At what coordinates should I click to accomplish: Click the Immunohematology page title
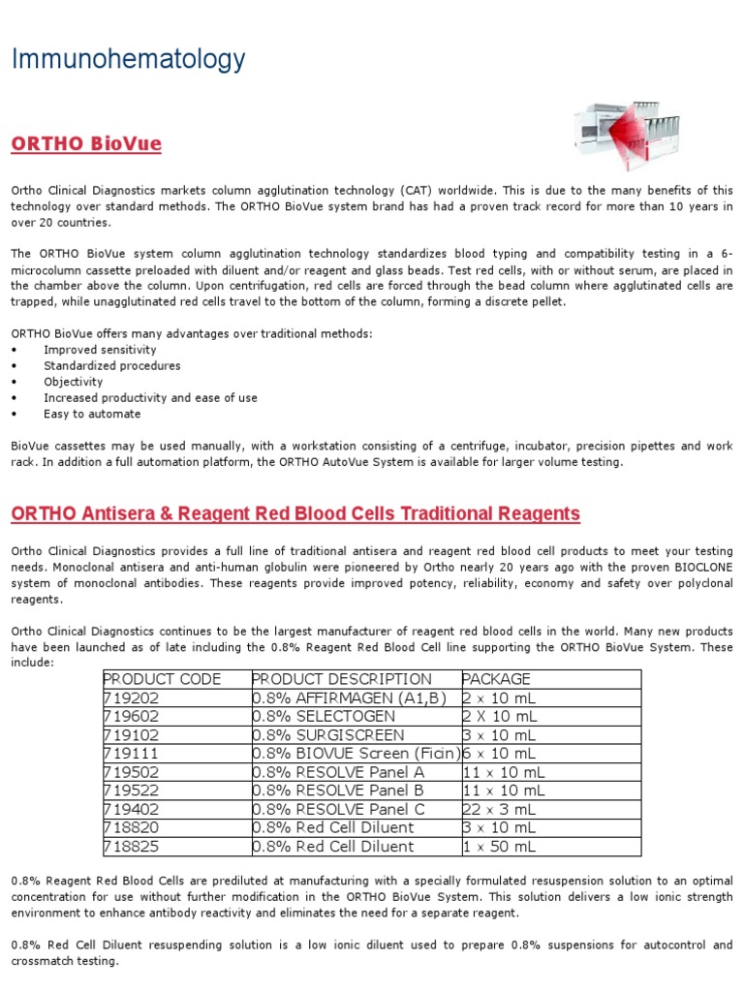128,60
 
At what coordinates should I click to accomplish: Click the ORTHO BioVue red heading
86,144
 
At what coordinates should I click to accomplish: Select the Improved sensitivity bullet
100,350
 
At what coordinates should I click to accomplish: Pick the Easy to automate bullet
92,414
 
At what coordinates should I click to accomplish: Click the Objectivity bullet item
73,382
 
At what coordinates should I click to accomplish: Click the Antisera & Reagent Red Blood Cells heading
295,513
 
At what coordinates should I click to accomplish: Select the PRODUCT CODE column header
162,679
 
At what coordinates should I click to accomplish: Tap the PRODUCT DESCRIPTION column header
342,679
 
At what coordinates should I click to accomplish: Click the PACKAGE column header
497,679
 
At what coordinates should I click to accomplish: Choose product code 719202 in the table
133,697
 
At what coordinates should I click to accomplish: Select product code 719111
132,753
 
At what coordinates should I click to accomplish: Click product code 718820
133,827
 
